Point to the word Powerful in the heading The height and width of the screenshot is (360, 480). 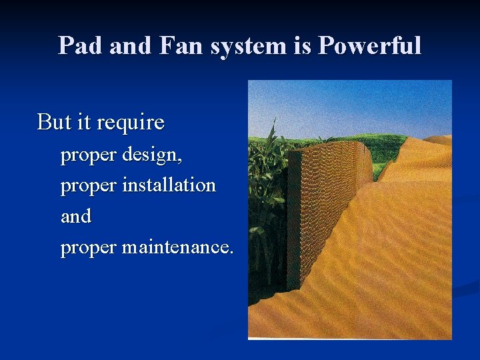(369, 46)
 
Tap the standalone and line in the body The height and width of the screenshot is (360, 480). (75, 217)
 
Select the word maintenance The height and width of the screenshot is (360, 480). (177, 247)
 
